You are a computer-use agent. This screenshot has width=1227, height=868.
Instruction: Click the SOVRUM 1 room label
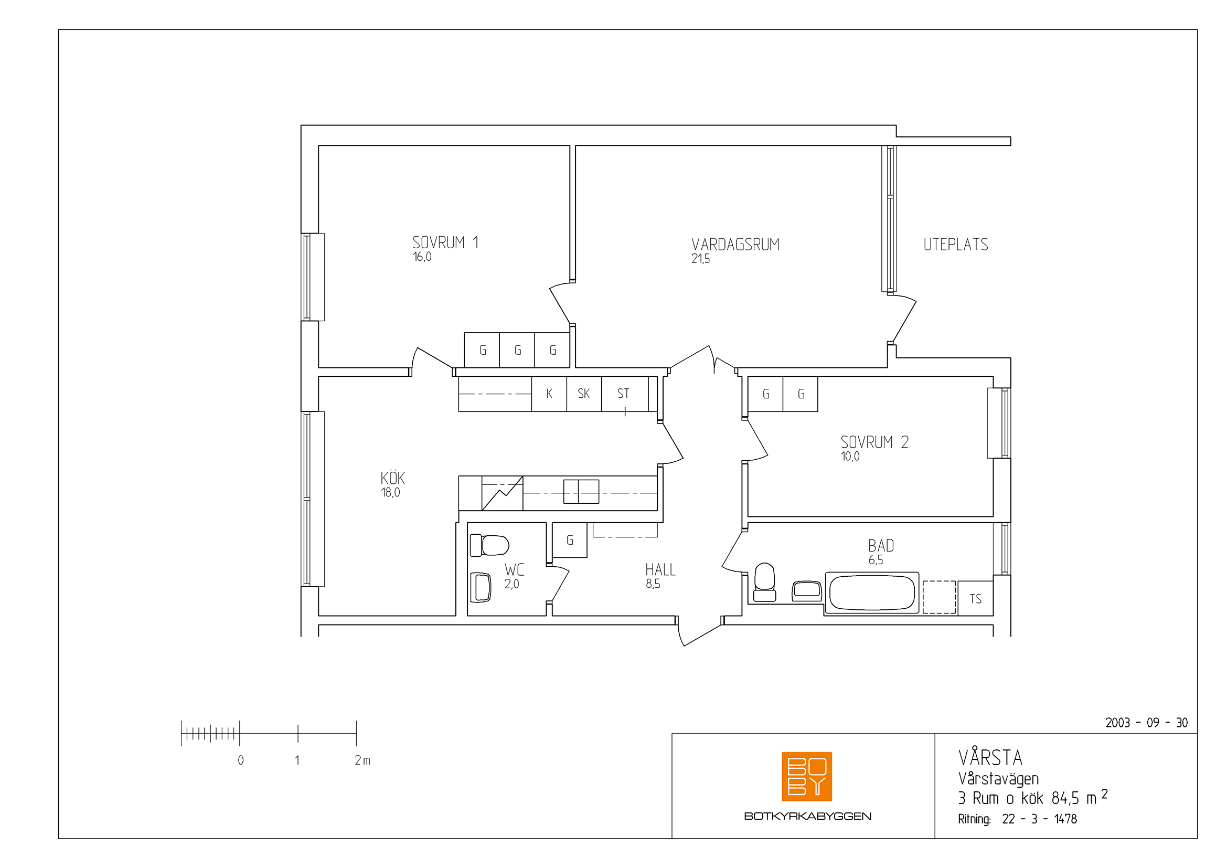coord(445,242)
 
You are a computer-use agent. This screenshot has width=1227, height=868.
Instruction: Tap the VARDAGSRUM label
coord(735,245)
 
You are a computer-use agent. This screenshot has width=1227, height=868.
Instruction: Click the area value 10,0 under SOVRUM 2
coord(850,457)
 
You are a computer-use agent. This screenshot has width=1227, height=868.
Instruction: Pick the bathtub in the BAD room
coord(872,592)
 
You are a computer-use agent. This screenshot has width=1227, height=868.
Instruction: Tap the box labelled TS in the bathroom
coord(975,599)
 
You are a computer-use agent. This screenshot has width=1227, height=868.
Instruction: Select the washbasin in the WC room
coord(481,587)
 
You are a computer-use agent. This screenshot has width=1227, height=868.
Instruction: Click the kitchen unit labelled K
coord(549,394)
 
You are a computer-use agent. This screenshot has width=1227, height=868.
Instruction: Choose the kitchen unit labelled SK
coord(583,394)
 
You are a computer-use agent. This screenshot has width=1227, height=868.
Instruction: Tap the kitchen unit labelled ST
coord(624,394)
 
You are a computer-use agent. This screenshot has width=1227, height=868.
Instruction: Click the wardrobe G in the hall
coord(570,541)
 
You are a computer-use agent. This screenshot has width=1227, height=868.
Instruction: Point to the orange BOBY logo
coord(807,777)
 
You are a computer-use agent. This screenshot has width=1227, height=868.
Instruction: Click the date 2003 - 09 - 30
coord(1146,723)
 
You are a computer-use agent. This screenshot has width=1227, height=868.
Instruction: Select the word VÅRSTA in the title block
coord(990,757)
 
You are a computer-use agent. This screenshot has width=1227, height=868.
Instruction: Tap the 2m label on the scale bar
coord(362,760)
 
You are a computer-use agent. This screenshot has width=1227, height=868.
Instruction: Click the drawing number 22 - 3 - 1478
coord(1039,819)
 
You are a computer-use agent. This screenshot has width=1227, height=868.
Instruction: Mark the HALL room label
coord(660,569)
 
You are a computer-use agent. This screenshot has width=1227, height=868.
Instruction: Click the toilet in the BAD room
coord(765,581)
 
